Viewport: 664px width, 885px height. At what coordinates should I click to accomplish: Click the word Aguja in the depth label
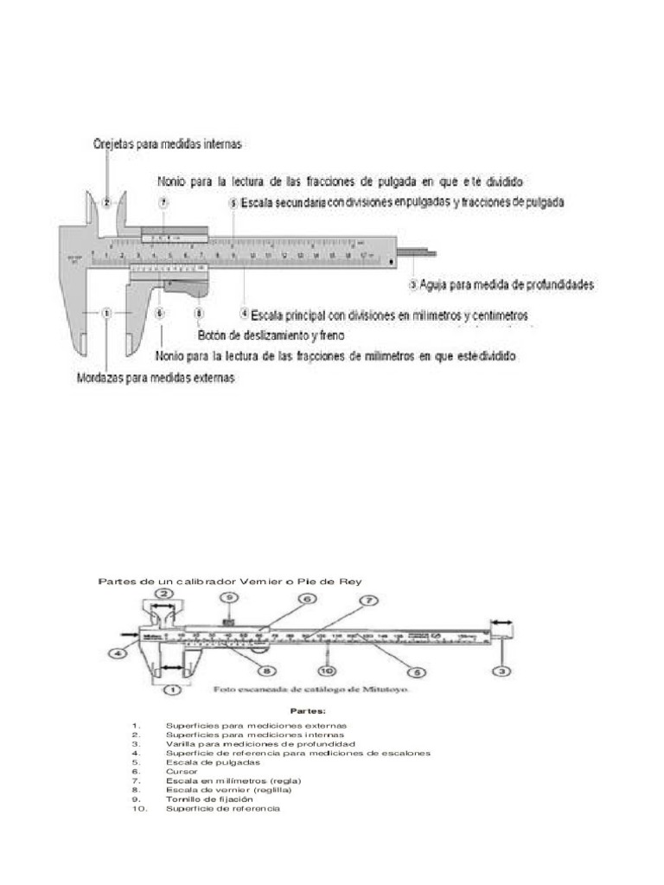pyautogui.click(x=437, y=283)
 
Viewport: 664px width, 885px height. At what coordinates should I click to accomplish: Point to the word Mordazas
pyautogui.click(x=99, y=378)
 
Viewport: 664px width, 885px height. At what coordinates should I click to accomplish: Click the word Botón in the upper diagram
pyautogui.click(x=212, y=335)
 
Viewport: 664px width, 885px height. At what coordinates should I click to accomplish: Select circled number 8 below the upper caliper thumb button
pyautogui.click(x=200, y=314)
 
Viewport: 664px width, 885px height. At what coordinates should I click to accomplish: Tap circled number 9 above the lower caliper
pyautogui.click(x=228, y=596)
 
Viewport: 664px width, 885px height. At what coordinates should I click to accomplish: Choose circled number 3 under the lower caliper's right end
pyautogui.click(x=501, y=670)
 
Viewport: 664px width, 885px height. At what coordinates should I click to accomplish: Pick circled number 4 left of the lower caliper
pyautogui.click(x=115, y=654)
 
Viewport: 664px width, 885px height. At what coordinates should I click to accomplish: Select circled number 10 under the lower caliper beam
pyautogui.click(x=326, y=670)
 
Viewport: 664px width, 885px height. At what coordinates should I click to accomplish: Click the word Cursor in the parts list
pyautogui.click(x=182, y=771)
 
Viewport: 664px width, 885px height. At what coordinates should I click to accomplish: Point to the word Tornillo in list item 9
pyautogui.click(x=184, y=799)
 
